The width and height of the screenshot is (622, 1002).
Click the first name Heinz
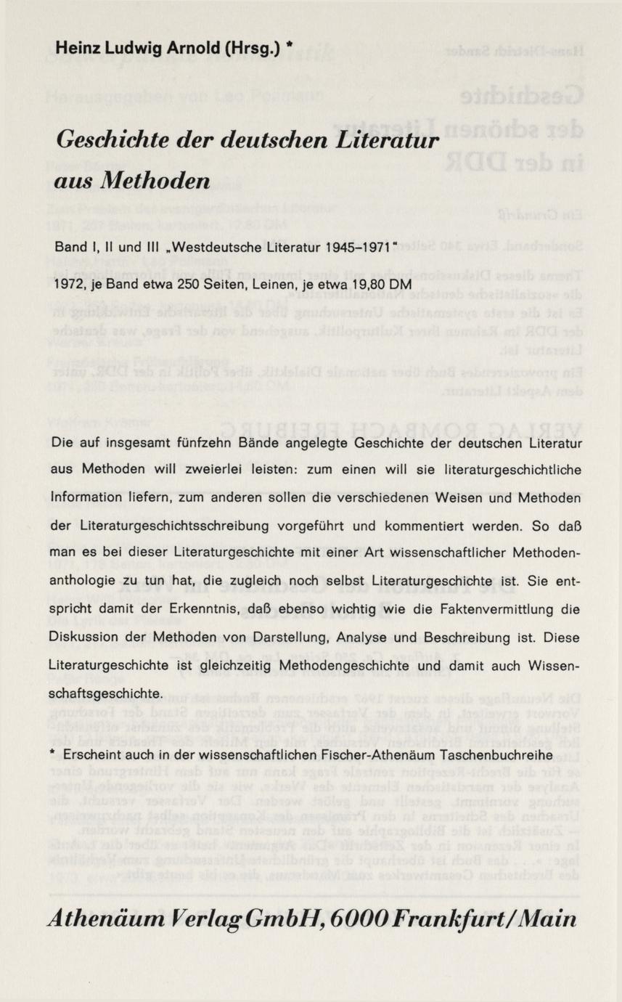click(75, 49)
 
